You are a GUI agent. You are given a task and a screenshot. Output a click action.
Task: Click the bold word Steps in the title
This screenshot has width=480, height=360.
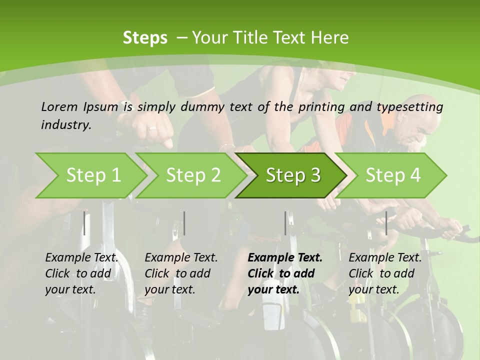[145, 38]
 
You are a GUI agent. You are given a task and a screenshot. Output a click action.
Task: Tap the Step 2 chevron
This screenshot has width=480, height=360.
[193, 175]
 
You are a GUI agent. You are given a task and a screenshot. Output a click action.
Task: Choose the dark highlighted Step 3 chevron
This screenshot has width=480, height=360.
[293, 175]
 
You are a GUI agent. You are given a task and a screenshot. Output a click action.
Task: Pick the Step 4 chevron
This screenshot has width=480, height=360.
[393, 175]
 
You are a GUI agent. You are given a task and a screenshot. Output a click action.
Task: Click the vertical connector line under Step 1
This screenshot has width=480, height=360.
[84, 223]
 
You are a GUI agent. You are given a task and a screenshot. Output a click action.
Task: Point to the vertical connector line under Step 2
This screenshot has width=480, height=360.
[184, 223]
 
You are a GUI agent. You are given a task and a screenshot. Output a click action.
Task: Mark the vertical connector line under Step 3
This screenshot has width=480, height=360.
[285, 223]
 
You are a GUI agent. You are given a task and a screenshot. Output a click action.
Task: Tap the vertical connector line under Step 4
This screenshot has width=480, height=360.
[386, 223]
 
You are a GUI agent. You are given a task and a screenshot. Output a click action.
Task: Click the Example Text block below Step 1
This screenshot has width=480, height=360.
[81, 273]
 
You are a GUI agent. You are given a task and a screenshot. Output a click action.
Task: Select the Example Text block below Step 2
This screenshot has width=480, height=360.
[181, 273]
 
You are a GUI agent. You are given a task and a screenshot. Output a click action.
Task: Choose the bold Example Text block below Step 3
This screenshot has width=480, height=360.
[285, 273]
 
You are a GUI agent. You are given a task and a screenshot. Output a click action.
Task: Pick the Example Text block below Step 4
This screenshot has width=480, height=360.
[385, 273]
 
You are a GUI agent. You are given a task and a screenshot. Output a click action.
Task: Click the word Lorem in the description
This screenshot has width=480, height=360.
[59, 106]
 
